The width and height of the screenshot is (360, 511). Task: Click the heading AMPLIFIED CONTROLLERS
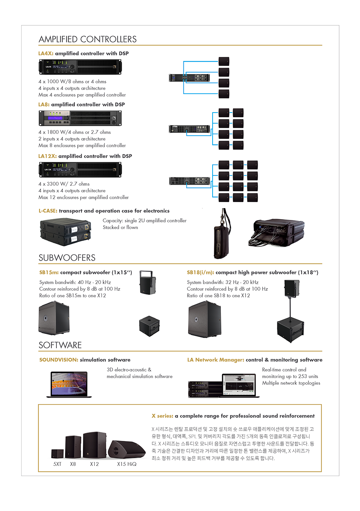tap(88, 39)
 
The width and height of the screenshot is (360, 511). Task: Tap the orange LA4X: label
tap(46, 53)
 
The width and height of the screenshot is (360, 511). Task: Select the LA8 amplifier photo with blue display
tap(80, 118)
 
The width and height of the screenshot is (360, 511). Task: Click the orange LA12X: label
tap(47, 156)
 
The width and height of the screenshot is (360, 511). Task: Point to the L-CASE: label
tap(48, 211)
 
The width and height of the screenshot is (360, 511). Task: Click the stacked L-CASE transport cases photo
tap(65, 232)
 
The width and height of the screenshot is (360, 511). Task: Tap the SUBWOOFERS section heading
tap(67, 258)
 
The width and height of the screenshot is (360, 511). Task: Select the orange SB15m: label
tap(49, 272)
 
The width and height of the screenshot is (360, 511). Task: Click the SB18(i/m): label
tap(200, 272)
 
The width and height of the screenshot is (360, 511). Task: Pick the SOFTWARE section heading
tap(60, 345)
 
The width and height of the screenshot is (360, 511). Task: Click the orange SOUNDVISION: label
tap(59, 360)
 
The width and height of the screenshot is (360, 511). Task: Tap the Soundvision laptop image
tap(69, 384)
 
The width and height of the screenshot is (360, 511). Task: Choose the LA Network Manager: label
tap(216, 360)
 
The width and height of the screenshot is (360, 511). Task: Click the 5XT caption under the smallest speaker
tap(57, 464)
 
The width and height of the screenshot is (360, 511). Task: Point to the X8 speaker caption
tap(73, 464)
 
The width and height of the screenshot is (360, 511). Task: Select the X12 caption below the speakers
tap(94, 464)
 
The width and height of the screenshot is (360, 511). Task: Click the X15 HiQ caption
tap(127, 464)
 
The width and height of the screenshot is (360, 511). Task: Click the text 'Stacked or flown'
tap(120, 227)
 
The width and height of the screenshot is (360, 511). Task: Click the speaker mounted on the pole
tap(292, 288)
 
